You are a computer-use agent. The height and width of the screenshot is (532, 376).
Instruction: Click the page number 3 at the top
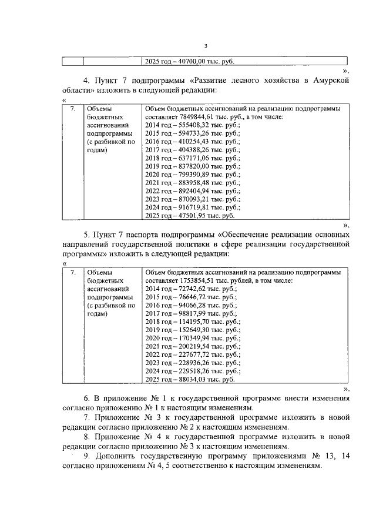[x=206, y=46]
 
